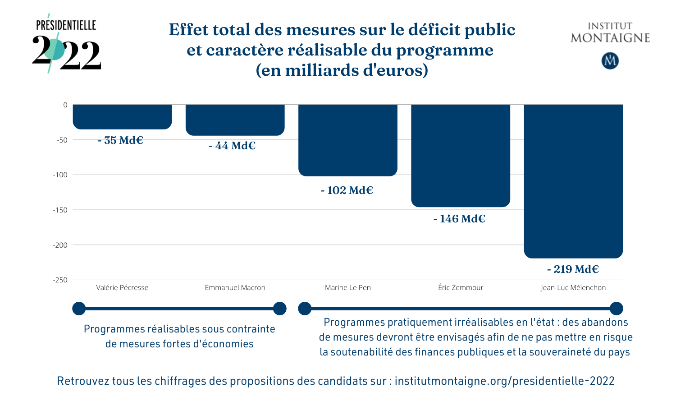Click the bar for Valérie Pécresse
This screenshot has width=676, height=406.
[x=122, y=117]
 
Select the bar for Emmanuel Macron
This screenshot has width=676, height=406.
[x=235, y=120]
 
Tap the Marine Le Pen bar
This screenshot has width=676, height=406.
[x=347, y=140]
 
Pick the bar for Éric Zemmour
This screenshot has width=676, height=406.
[x=460, y=156]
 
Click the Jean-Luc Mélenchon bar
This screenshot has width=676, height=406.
[x=573, y=180]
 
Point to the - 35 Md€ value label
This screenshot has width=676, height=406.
[x=120, y=140]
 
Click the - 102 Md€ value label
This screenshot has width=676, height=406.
[x=347, y=190]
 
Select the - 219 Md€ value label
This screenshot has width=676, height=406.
[x=573, y=269]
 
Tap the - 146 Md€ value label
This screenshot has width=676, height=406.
[x=459, y=219]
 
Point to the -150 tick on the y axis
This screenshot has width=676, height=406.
[x=60, y=210]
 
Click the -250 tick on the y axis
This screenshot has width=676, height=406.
[x=60, y=280]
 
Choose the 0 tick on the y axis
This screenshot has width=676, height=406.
[x=65, y=105]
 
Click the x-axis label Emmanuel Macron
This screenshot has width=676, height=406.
[x=235, y=288]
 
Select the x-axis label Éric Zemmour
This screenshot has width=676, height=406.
[x=460, y=288]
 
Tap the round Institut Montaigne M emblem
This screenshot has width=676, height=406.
[x=610, y=61]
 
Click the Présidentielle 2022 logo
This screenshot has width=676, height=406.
[x=66, y=44]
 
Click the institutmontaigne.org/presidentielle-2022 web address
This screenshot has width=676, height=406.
[x=504, y=381]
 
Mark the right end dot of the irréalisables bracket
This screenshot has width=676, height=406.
[x=616, y=309]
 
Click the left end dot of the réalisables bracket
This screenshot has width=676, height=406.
[x=79, y=309]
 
